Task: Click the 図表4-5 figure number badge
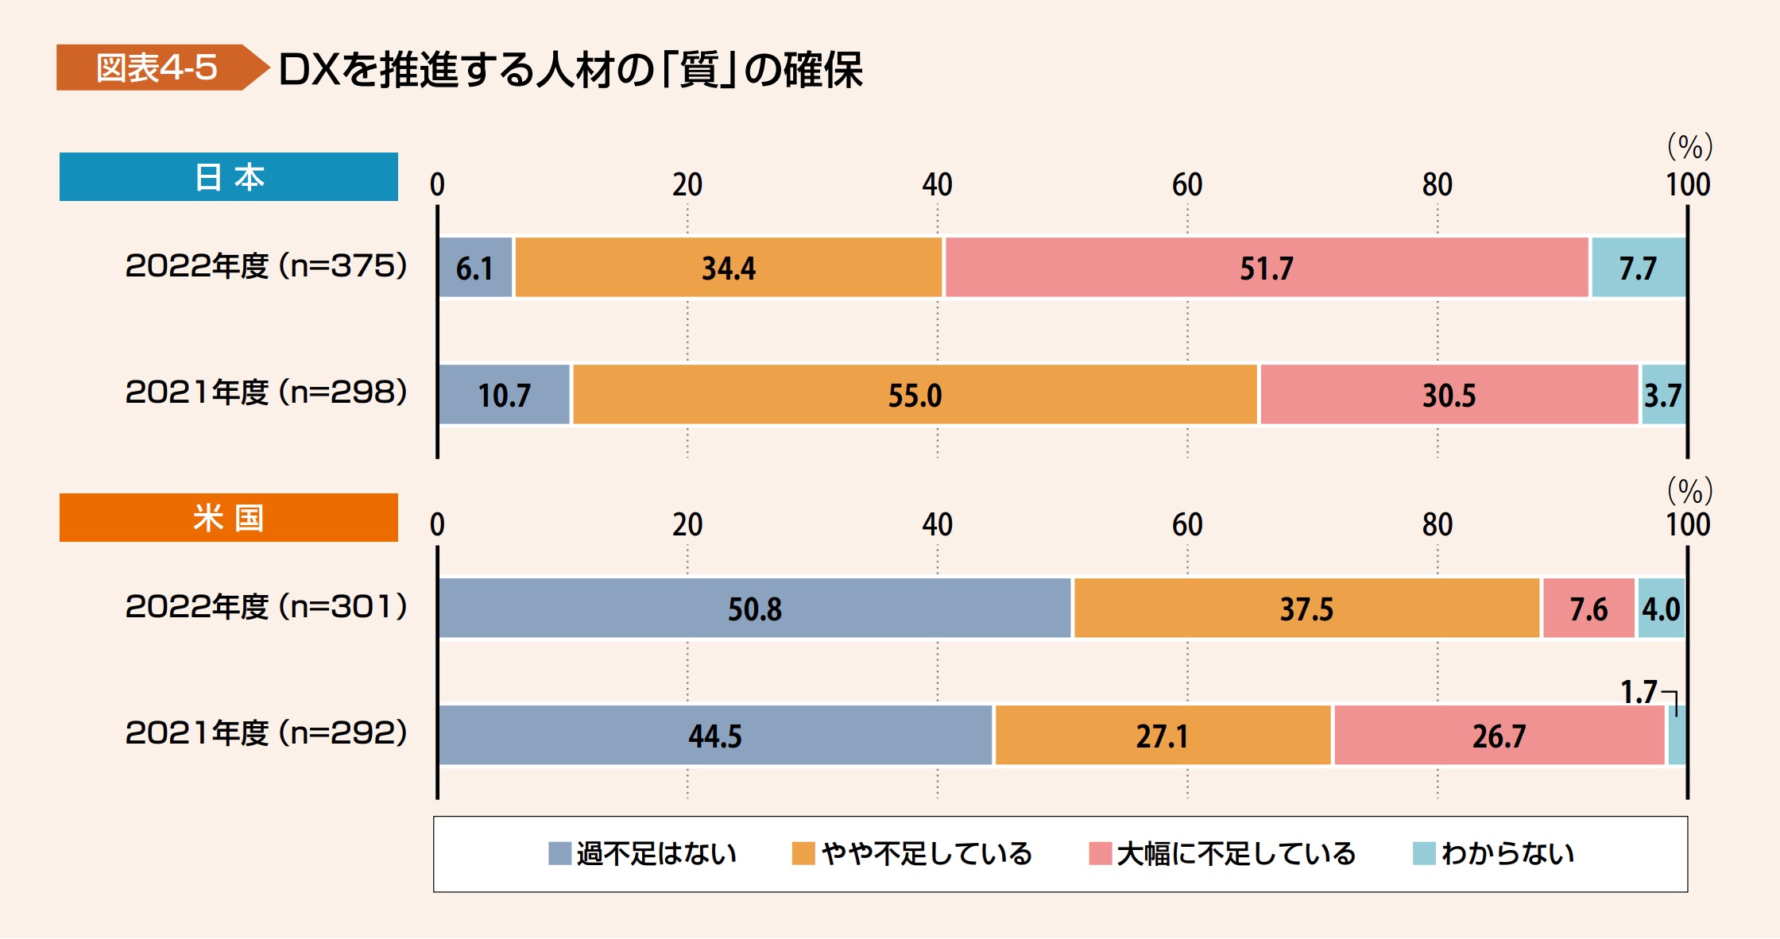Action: click(x=157, y=68)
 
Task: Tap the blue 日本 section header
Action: click(x=229, y=176)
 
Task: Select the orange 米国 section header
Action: click(x=229, y=517)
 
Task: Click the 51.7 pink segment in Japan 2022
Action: click(x=1266, y=268)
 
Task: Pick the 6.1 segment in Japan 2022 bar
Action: click(x=475, y=268)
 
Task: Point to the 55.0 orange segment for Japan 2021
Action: click(x=915, y=395)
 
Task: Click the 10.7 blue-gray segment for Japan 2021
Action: click(x=504, y=395)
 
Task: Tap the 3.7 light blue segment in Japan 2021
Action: click(x=1662, y=395)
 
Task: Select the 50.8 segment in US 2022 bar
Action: click(x=754, y=609)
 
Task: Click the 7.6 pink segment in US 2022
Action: click(x=1588, y=609)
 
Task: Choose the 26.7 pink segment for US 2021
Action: click(x=1499, y=736)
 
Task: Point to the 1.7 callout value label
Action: click(x=1639, y=692)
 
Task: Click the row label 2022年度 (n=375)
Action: click(x=266, y=265)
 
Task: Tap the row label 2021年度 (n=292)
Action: click(x=266, y=732)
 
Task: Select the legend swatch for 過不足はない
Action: click(x=559, y=853)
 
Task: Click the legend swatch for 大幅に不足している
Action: click(x=1100, y=853)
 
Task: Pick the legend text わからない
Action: click(x=1507, y=853)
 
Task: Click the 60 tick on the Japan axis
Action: click(x=1187, y=184)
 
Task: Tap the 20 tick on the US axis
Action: click(x=687, y=524)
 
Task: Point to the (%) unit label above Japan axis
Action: click(x=1689, y=146)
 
